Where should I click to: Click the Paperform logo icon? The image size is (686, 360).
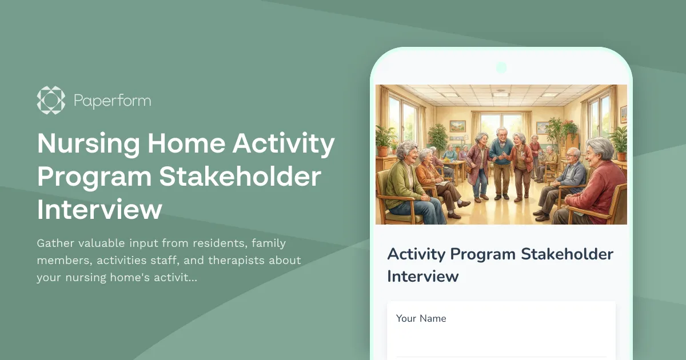[51, 101]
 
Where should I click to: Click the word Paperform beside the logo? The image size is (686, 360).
[112, 101]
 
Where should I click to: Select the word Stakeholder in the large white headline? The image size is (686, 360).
[240, 177]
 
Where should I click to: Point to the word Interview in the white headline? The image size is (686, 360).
[99, 210]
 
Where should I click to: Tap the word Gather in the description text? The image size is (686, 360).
[55, 243]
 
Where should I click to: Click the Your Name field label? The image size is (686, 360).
[421, 318]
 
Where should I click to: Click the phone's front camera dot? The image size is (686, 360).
[501, 67]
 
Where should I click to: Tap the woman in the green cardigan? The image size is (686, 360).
[405, 180]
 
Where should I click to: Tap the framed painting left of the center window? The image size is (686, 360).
[457, 126]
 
